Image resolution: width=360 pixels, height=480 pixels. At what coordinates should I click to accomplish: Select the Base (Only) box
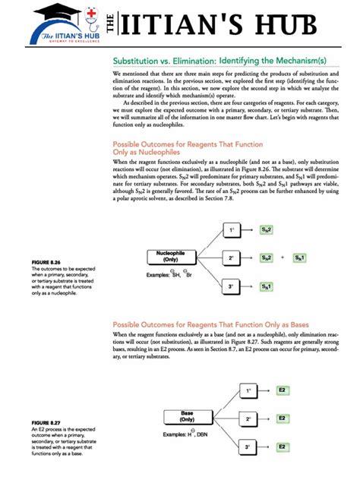(187, 416)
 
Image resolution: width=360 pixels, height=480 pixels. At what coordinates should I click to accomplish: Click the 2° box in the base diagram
(248, 418)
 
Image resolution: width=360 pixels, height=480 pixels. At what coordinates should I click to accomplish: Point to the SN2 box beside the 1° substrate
(267, 229)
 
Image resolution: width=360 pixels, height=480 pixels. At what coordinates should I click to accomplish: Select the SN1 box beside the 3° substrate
(267, 286)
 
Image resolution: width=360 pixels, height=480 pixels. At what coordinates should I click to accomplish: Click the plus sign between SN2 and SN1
(283, 257)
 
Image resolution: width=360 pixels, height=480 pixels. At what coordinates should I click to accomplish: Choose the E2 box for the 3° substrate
(282, 447)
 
